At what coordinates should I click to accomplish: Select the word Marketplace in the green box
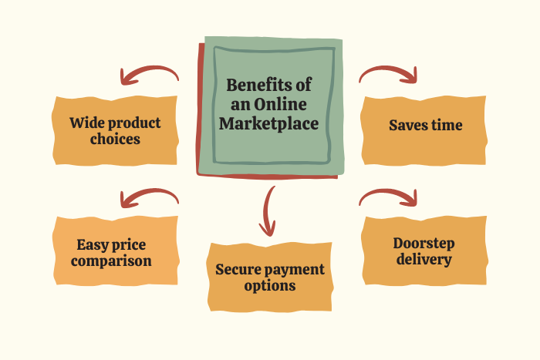click(x=268, y=123)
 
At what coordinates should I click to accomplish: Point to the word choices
click(x=114, y=140)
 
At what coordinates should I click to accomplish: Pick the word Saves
click(x=410, y=125)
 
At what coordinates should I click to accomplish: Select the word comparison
click(x=113, y=261)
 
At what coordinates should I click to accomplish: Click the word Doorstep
click(x=424, y=243)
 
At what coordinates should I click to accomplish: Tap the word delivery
click(x=424, y=260)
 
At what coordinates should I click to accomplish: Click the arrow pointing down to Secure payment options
click(x=268, y=210)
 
